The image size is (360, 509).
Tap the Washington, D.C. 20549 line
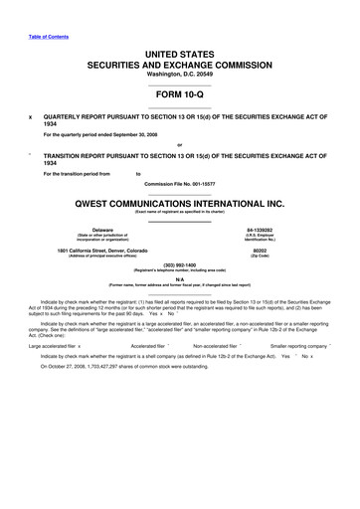(180, 75)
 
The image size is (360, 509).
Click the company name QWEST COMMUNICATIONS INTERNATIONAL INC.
(180, 202)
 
